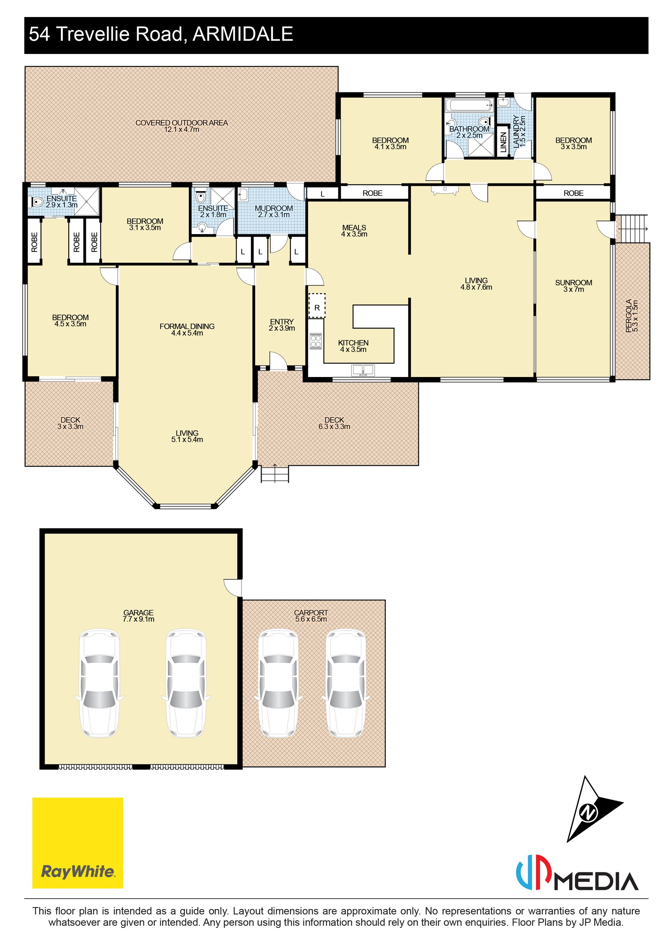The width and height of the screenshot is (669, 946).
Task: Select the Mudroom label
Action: pos(274,208)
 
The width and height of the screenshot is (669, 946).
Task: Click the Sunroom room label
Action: pos(574,283)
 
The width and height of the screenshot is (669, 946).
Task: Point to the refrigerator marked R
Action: pos(317,305)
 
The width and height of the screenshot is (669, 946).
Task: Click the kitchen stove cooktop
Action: pos(316,341)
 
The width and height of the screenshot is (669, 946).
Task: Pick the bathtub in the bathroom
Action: pos(469,106)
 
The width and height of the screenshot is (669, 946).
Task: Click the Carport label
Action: pos(311,613)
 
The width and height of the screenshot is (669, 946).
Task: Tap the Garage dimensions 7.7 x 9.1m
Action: pos(138,619)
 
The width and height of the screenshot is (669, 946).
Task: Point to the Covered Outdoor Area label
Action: pos(182,123)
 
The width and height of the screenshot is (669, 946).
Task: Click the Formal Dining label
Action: pos(187,326)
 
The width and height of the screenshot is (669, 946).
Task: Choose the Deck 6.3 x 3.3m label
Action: pos(334,423)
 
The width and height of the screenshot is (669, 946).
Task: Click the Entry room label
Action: pos(282,322)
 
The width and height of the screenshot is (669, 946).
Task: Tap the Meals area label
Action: pos(354,228)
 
